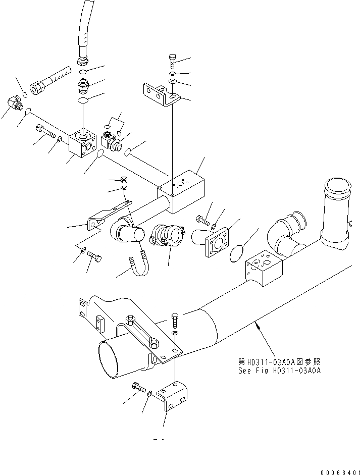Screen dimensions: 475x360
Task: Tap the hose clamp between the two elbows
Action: pyautogui.click(x=165, y=236)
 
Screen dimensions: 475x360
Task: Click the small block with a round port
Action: pyautogui.click(x=83, y=147)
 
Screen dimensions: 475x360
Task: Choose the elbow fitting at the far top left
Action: pyautogui.click(x=13, y=105)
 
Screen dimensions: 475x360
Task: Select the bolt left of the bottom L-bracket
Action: pyautogui.click(x=138, y=388)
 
